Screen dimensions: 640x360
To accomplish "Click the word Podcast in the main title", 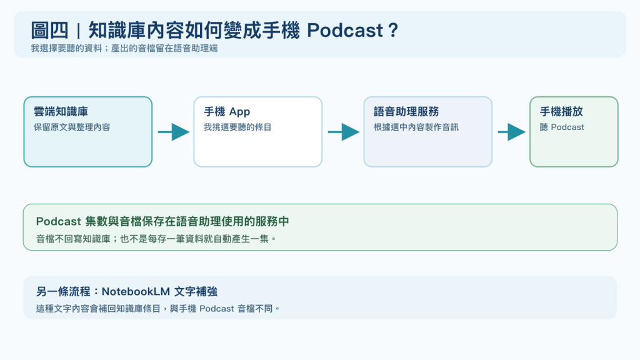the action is pyautogui.click(x=345, y=30).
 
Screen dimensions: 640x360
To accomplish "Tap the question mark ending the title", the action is pyautogui.click(x=393, y=30).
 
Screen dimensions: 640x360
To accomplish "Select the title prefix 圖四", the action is pyautogui.click(x=50, y=30).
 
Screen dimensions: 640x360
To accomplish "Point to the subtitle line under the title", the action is pyautogui.click(x=124, y=48).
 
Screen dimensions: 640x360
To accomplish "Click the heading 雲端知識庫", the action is pyautogui.click(x=61, y=111).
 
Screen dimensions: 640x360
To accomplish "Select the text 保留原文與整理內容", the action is pyautogui.click(x=72, y=127).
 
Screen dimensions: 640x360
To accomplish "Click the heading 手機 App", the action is pyautogui.click(x=227, y=111).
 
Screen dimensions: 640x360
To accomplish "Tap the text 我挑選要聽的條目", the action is pyautogui.click(x=237, y=127).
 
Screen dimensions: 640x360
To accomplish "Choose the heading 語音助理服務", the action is pyautogui.click(x=406, y=111).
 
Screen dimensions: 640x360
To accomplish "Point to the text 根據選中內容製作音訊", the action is pyautogui.click(x=416, y=127).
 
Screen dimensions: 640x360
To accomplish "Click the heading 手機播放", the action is pyautogui.click(x=561, y=111).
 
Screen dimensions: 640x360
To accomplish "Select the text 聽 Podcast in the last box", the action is pyautogui.click(x=562, y=127).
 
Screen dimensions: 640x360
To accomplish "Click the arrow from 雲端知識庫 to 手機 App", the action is pyautogui.click(x=174, y=132).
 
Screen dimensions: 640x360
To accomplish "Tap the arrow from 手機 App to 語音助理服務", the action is pyautogui.click(x=344, y=132).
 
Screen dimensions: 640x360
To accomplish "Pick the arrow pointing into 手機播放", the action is pyautogui.click(x=512, y=132).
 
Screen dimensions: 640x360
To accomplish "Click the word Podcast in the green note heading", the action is pyautogui.click(x=58, y=221).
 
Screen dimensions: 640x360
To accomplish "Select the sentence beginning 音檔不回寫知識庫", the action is pyautogui.click(x=156, y=239).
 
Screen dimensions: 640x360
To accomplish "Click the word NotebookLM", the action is pyautogui.click(x=136, y=291).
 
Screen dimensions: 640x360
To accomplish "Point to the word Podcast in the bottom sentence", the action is pyautogui.click(x=217, y=309).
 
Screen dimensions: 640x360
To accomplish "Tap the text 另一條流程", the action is pyautogui.click(x=63, y=291).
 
